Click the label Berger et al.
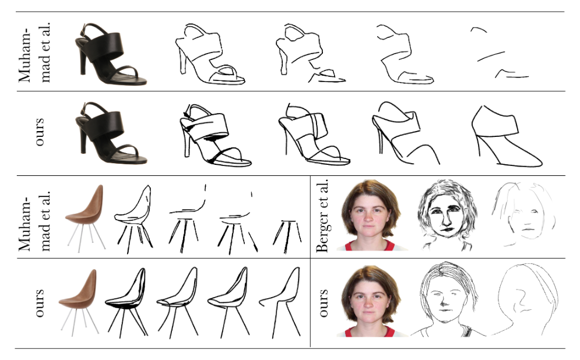click(322, 216)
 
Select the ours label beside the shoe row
click(39, 132)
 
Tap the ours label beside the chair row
click(39, 303)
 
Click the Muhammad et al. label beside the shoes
click(34, 52)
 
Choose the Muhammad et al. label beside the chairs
click(34, 221)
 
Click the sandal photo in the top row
click(111, 54)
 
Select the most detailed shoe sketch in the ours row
click(215, 135)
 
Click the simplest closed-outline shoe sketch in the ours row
click(507, 136)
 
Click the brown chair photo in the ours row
click(79, 302)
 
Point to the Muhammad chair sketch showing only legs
click(287, 237)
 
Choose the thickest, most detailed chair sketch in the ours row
click(126, 302)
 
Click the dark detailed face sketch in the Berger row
click(447, 215)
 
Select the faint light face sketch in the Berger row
click(524, 214)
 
